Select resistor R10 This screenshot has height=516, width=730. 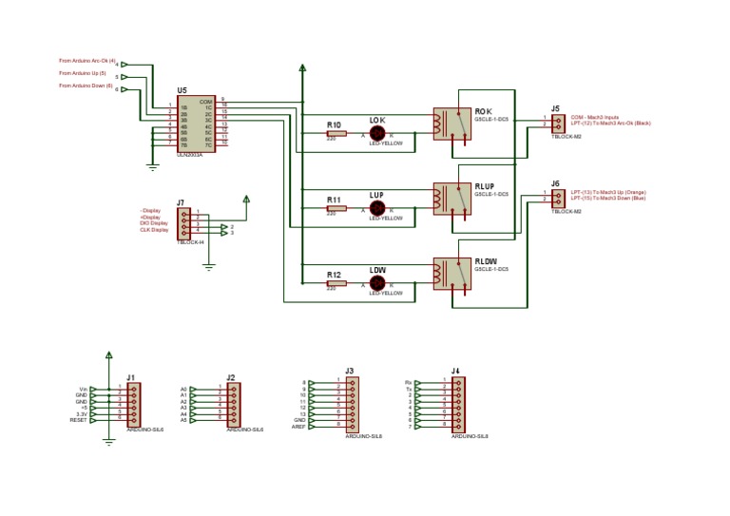pyautogui.click(x=336, y=134)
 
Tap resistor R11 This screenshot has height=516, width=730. pyautogui.click(x=336, y=208)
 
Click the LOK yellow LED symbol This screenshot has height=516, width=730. pyautogui.click(x=377, y=134)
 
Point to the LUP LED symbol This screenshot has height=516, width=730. pyautogui.click(x=377, y=208)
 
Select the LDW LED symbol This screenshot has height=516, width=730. pyautogui.click(x=377, y=282)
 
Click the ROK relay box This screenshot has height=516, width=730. pyautogui.click(x=451, y=124)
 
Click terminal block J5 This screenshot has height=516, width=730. pyautogui.click(x=557, y=122)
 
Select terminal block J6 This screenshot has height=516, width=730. pyautogui.click(x=557, y=197)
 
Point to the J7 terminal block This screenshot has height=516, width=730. pyautogui.click(x=183, y=223)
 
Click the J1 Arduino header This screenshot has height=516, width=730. pyautogui.click(x=133, y=404)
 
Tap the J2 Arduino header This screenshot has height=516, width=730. pyautogui.click(x=233, y=404)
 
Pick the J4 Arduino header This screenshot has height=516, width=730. pyautogui.click(x=458, y=404)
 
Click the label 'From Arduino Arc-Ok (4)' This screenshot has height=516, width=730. pyautogui.click(x=86, y=61)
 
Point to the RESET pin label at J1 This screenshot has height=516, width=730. pyautogui.click(x=79, y=419)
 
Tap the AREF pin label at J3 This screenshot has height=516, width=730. pyautogui.click(x=298, y=427)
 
